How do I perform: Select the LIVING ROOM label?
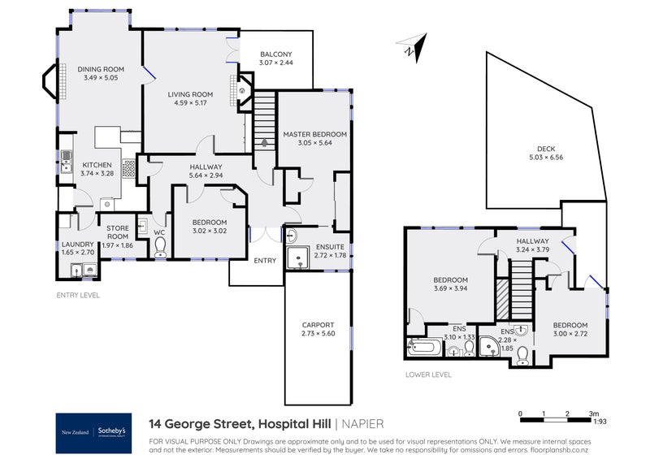tap(189, 94)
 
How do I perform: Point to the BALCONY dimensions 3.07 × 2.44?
tap(275, 63)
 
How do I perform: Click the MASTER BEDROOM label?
tap(314, 134)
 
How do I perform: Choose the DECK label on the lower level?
tap(545, 149)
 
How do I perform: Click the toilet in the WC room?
tap(160, 246)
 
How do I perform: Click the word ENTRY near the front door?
tap(265, 261)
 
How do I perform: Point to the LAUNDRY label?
tap(77, 245)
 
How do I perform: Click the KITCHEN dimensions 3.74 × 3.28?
tap(97, 173)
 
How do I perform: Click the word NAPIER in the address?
tap(363, 423)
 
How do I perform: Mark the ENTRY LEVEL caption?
tap(77, 295)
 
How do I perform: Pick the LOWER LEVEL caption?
tap(427, 375)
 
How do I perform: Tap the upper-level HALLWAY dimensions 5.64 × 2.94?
tap(205, 175)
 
